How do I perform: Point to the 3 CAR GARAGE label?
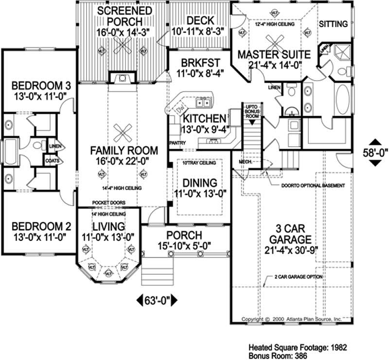click(292, 234)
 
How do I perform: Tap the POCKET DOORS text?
click(109, 203)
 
